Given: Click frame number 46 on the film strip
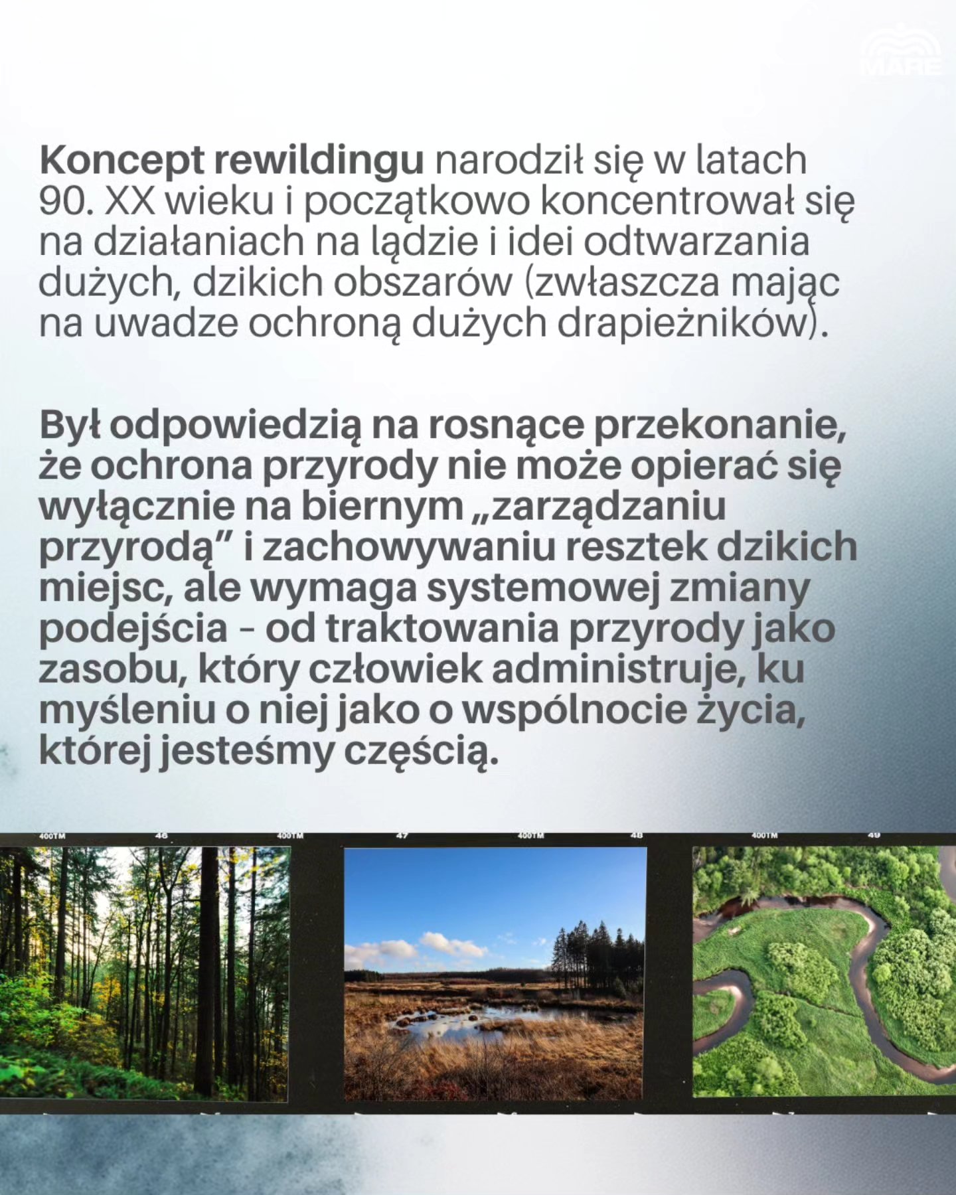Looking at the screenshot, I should [x=161, y=836].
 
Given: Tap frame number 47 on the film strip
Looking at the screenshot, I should [x=402, y=836].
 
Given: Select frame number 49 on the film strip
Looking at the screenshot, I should [x=874, y=836].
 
